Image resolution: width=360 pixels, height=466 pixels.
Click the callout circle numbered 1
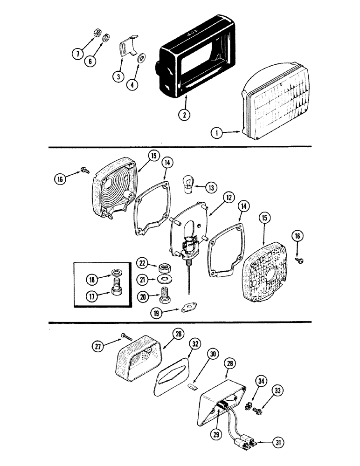click(216, 133)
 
